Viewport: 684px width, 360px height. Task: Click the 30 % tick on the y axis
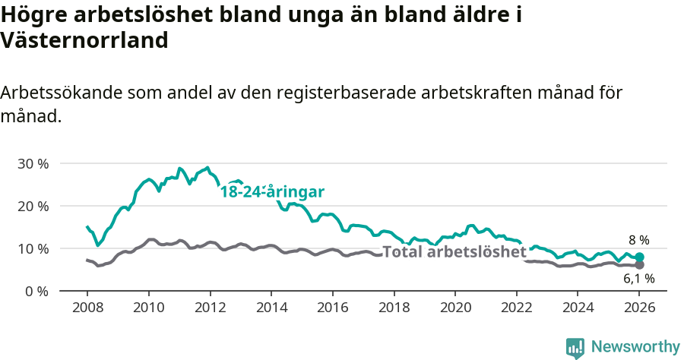[x=33, y=163]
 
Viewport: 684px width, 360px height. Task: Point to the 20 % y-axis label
[x=33, y=206]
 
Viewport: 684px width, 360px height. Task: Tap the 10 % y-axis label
[x=33, y=248]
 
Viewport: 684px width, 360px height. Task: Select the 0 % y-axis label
[x=36, y=291]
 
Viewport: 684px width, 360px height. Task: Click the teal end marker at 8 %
[x=639, y=257]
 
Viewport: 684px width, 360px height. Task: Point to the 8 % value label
[x=639, y=240]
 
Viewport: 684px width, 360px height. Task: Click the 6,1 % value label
[x=639, y=279]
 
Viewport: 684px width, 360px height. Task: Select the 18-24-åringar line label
[x=272, y=191]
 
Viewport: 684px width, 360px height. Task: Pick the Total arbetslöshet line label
[x=454, y=251]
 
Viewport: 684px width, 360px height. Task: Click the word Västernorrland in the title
[x=84, y=40]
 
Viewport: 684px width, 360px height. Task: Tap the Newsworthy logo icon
[x=575, y=348]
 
